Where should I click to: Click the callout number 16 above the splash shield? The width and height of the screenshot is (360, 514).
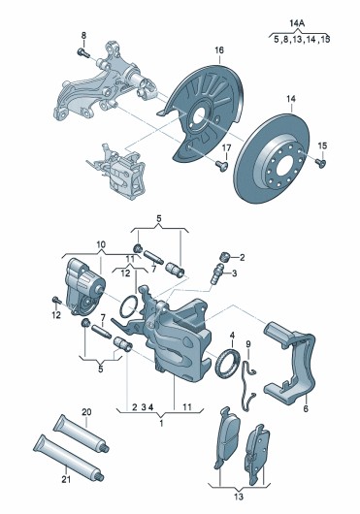pos(219,50)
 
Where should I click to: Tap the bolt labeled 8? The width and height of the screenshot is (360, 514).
pos(83,52)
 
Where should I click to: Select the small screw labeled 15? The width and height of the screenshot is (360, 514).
pos(320,162)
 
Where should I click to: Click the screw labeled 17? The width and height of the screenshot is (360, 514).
pos(222,165)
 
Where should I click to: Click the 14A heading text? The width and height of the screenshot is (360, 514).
pos(297,23)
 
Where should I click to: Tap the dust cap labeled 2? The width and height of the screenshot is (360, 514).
pos(224,257)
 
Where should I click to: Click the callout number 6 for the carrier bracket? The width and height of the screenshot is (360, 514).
pos(306,408)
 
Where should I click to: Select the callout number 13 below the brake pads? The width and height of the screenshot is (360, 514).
pos(239,497)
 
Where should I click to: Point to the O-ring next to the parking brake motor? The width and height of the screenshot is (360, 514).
pos(129,306)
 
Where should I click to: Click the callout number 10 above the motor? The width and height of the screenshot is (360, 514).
pos(101,244)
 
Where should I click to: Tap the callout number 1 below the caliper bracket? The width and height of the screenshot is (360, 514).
pos(161,423)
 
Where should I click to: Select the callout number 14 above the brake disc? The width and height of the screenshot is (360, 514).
pos(291,99)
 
